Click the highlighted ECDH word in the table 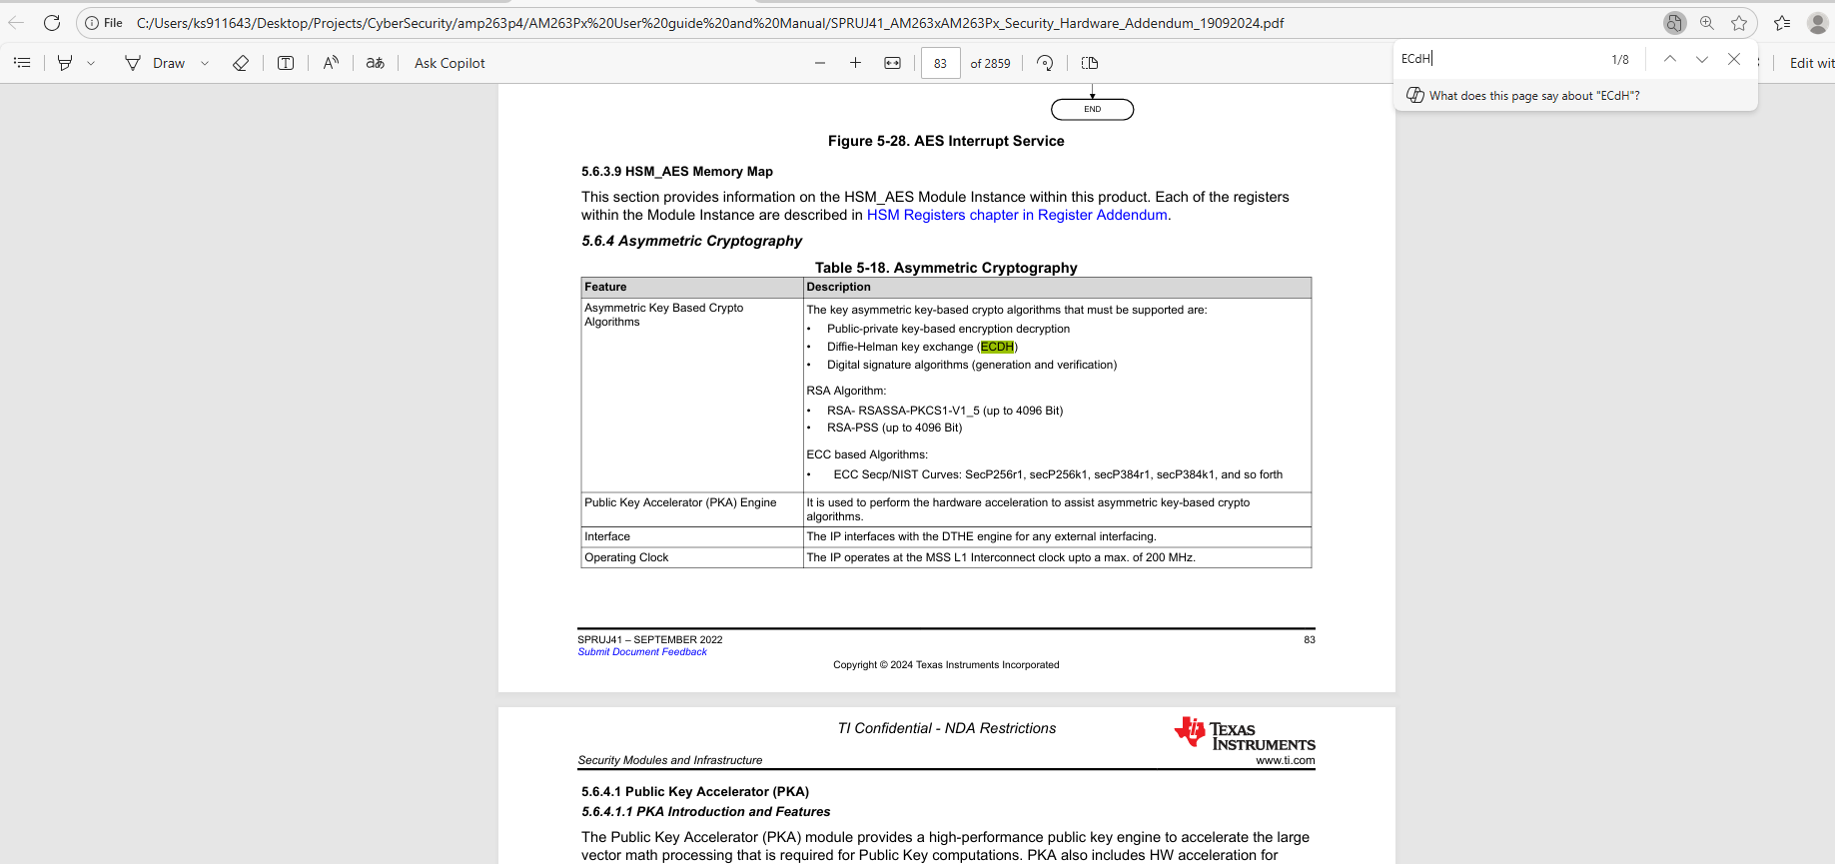[997, 347]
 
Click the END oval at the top [1092, 109]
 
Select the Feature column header [605, 287]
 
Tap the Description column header [838, 287]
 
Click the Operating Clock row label [626, 557]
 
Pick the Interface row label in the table [607, 536]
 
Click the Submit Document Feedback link [642, 652]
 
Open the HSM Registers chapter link [1017, 215]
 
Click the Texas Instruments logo [1244, 735]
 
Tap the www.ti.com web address [1285, 760]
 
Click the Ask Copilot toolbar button [450, 63]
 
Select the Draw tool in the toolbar [156, 63]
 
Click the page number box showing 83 [940, 63]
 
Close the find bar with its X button [1734, 59]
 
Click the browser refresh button [52, 22]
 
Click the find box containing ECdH [1498, 59]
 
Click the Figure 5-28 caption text [946, 141]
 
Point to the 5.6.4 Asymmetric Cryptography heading [691, 241]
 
